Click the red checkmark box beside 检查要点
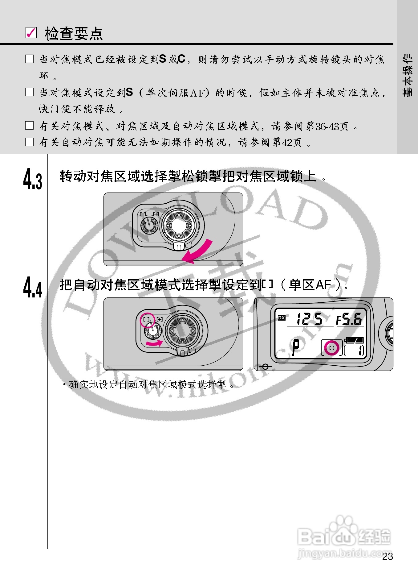pos(31,32)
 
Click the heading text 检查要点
pos(74,33)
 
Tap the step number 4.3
pos(32,179)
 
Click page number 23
pos(388,556)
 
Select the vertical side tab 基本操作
pos(407,76)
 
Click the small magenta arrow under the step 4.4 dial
pos(154,343)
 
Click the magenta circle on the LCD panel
pos(332,348)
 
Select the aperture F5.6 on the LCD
pos(349,319)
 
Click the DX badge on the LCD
pos(282,318)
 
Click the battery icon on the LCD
pos(355,340)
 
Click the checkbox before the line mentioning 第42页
pos(29,142)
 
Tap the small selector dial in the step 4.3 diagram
pos(149,226)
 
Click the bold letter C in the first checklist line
pos(181,59)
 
